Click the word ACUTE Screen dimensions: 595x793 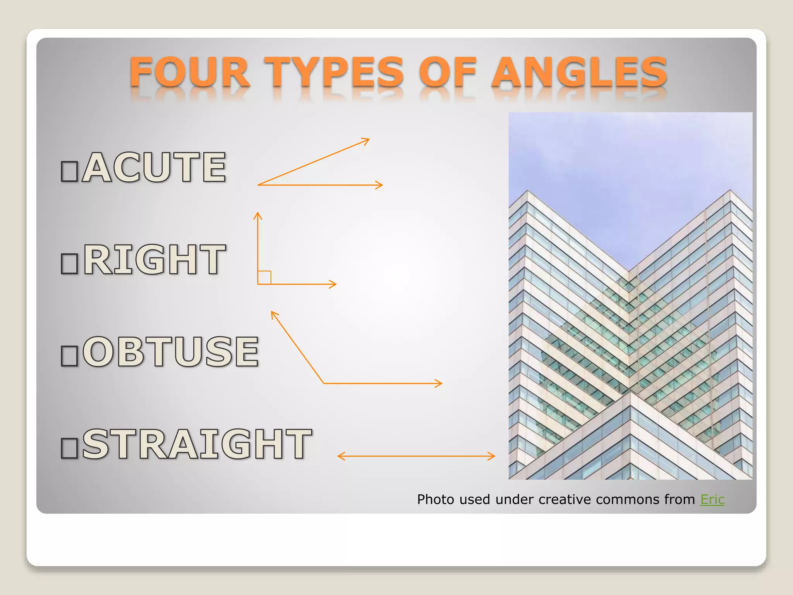pyautogui.click(x=154, y=167)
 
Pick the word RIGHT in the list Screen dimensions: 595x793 pyautogui.click(x=154, y=260)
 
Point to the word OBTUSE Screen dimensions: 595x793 pyautogui.click(x=170, y=352)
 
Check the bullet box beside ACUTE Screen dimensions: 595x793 pyautogui.click(x=70, y=172)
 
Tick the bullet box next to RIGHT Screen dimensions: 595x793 pyautogui.click(x=70, y=264)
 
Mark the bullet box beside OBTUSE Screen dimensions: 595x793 pyautogui.click(x=70, y=356)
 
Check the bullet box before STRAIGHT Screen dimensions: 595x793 pyautogui.click(x=70, y=448)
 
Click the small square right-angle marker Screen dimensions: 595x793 pyautogui.click(x=264, y=277)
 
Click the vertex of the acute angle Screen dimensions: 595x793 pyautogui.click(x=259, y=185)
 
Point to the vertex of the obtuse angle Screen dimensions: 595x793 pyautogui.click(x=324, y=383)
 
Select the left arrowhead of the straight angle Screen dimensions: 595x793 pyautogui.click(x=339, y=456)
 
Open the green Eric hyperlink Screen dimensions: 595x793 pyautogui.click(x=712, y=499)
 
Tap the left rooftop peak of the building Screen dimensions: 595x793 pyautogui.click(x=527, y=191)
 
